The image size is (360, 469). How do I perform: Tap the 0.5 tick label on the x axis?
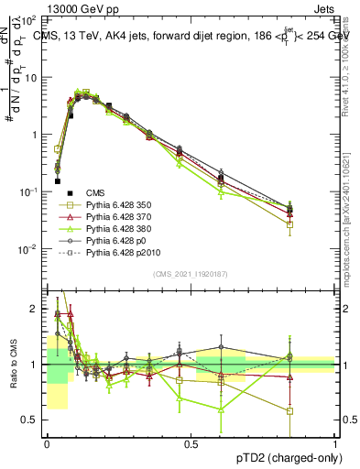(191, 442)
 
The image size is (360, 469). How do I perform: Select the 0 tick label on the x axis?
(47, 442)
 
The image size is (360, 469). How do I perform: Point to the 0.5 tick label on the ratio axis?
(31, 420)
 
